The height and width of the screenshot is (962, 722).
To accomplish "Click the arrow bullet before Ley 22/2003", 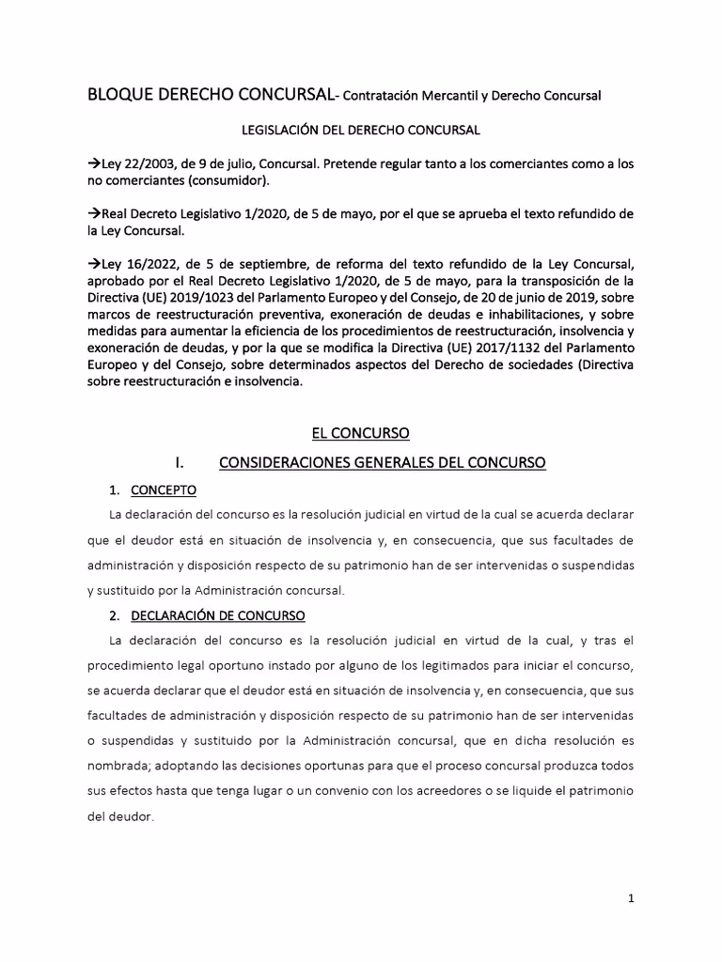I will pos(92,163).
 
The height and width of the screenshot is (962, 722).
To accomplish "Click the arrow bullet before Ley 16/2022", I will pos(92,264).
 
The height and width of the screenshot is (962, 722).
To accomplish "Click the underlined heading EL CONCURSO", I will pos(361,433).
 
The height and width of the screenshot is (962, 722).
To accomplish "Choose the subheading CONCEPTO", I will pos(163,490).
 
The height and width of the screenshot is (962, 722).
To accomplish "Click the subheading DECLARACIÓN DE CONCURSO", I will pos(217,615).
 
